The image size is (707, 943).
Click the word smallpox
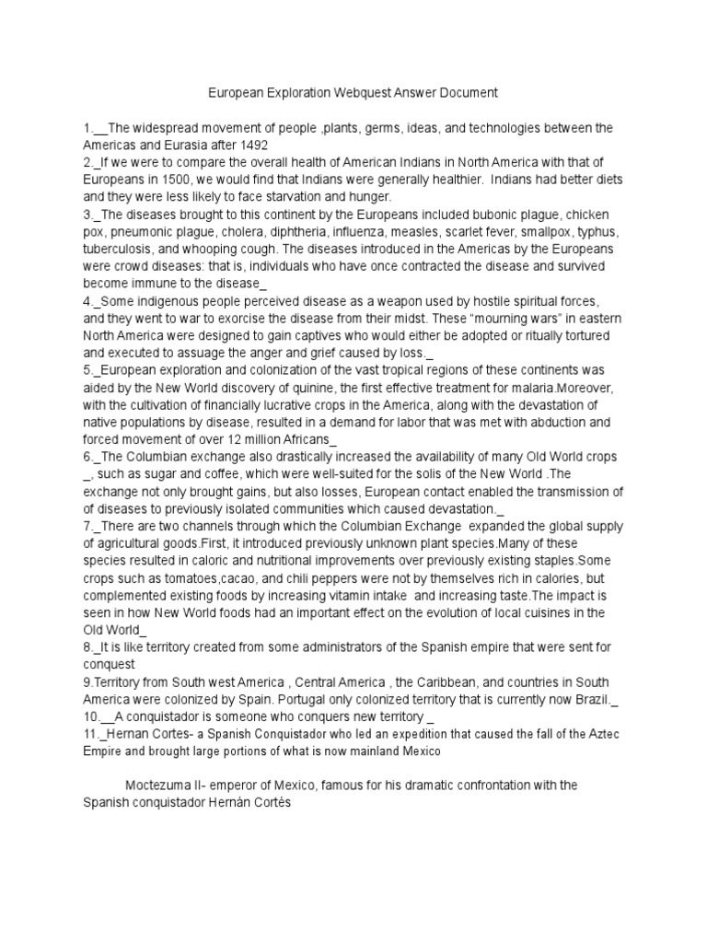[x=539, y=233]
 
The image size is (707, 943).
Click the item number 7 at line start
[x=87, y=525]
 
